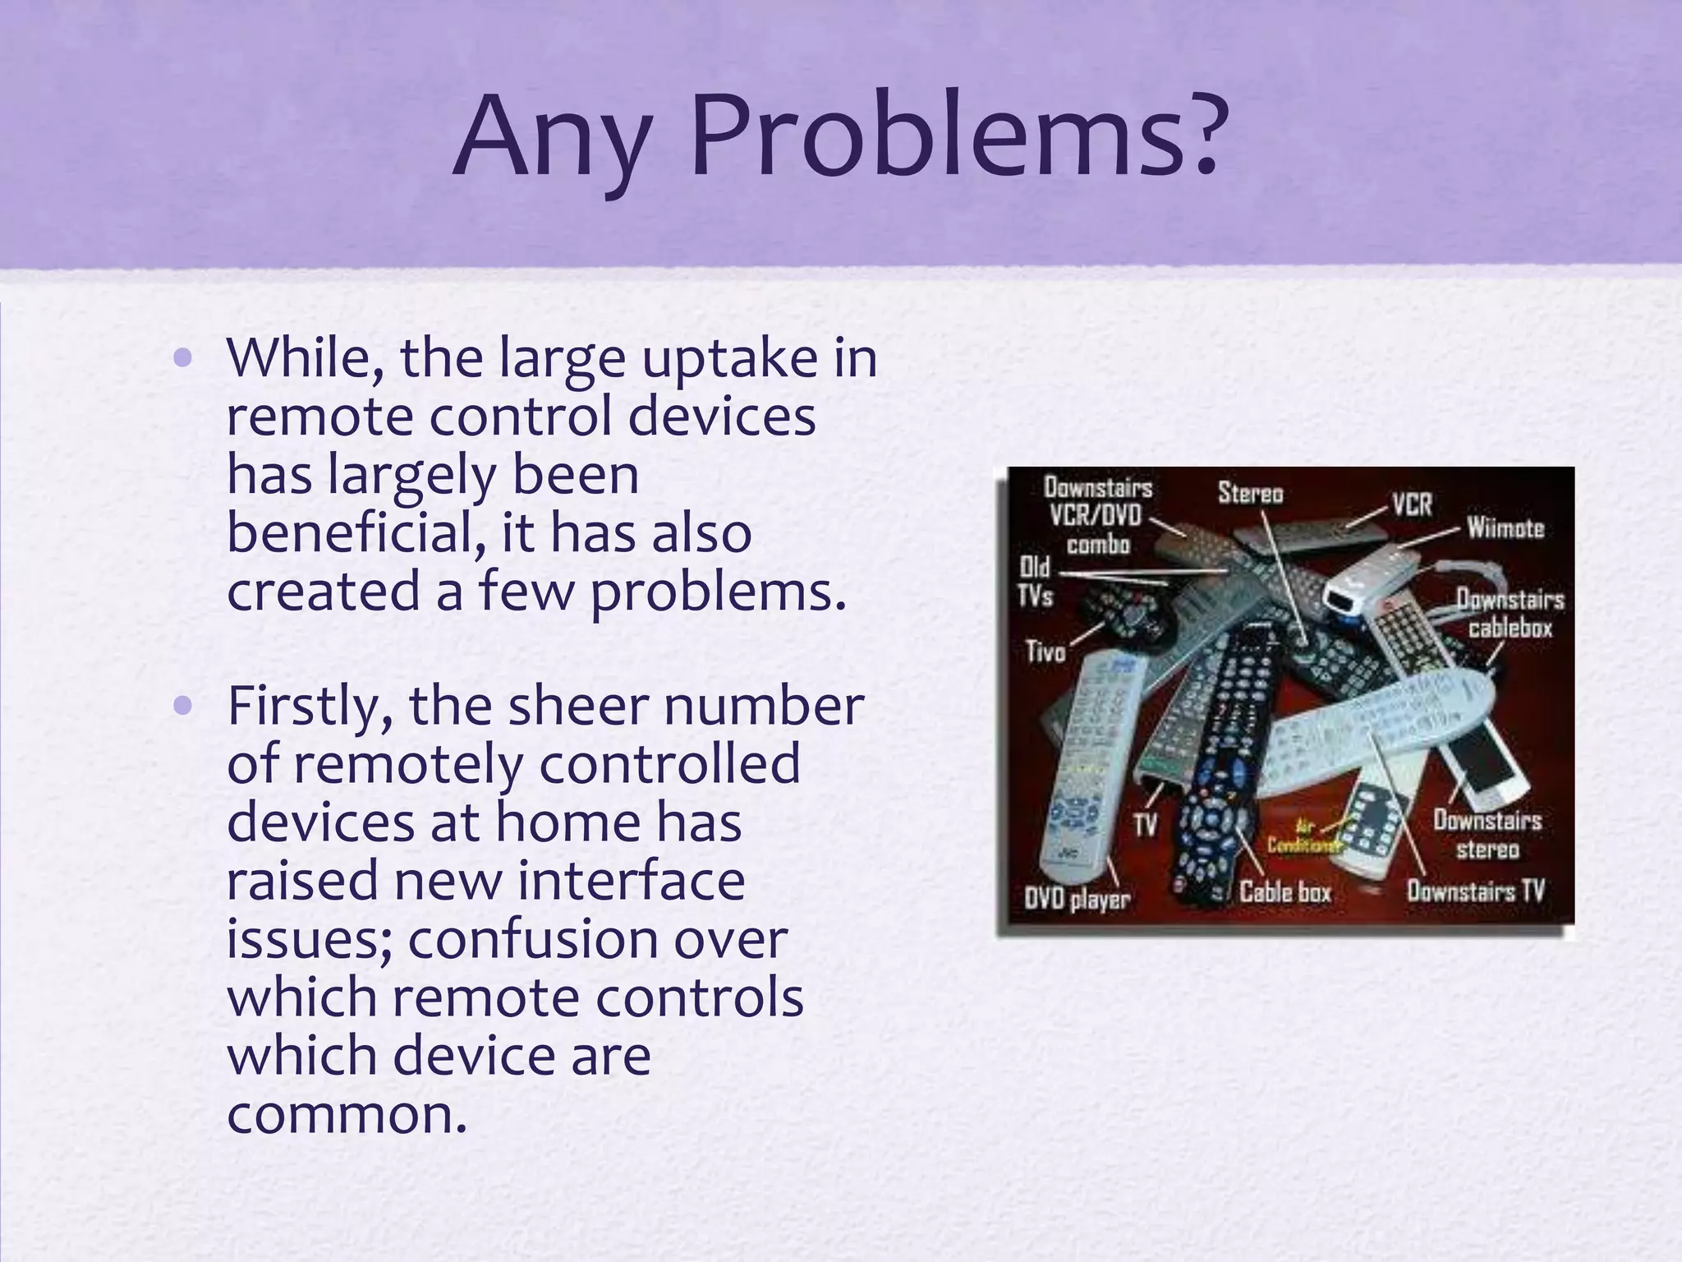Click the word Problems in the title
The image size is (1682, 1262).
936,138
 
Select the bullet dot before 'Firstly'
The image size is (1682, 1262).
183,706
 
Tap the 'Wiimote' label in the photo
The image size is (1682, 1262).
1505,527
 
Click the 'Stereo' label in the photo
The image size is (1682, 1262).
1250,493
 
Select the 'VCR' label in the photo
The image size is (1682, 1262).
1412,504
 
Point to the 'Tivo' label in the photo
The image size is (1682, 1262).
1046,652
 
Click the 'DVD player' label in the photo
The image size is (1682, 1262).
1077,899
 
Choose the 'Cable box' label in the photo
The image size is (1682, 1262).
1284,892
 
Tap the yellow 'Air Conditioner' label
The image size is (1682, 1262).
1304,837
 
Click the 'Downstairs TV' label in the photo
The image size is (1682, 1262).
1475,891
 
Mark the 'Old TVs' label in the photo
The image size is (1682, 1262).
1035,581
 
